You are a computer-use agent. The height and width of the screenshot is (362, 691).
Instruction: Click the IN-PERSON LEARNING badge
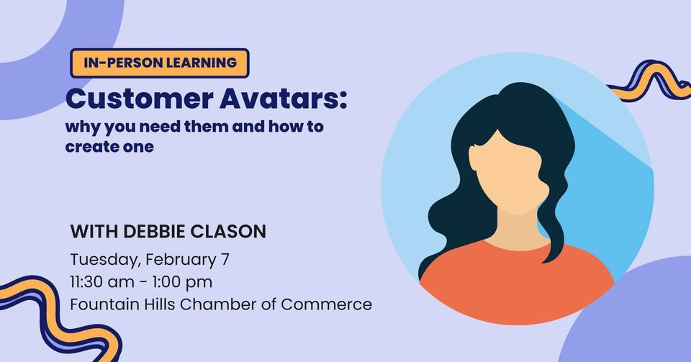click(160, 63)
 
